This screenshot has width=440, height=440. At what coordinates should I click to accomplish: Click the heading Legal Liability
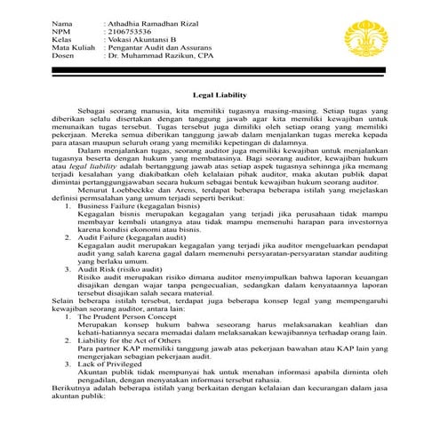tap(220, 92)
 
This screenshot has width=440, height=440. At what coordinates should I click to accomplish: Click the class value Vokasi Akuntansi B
tap(144, 40)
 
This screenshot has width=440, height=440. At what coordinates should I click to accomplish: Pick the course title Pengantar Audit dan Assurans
tap(160, 50)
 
